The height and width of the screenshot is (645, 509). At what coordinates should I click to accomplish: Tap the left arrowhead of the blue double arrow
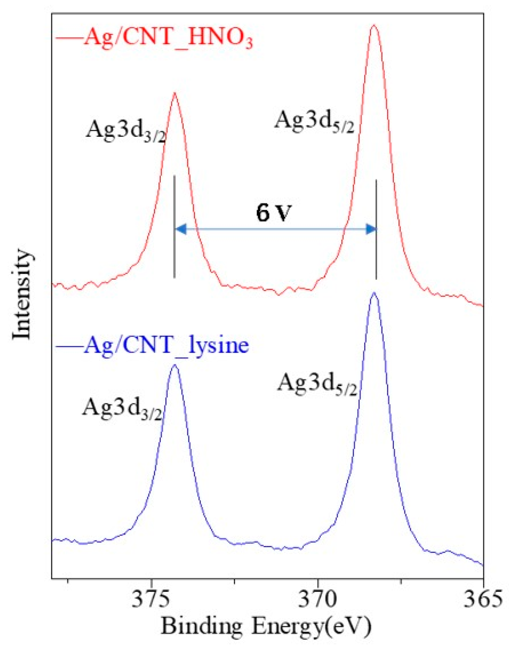pos(181,229)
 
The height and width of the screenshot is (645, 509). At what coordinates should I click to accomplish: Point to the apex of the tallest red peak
pos(374,25)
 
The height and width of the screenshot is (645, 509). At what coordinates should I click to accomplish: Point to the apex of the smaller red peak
pos(174,93)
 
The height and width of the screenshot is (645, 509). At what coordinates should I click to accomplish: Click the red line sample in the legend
pos(69,38)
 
